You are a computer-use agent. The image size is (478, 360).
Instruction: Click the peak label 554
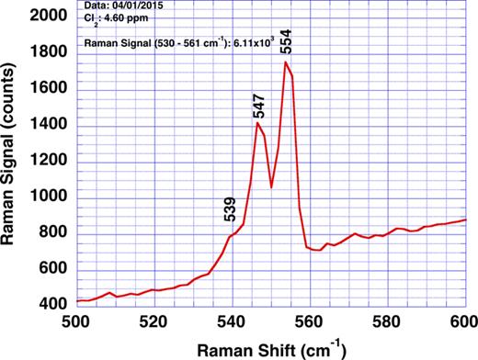285,42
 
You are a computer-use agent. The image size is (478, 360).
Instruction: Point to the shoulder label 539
229,210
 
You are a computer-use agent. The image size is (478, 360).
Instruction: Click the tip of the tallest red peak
286,62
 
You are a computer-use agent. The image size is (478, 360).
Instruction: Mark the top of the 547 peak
258,122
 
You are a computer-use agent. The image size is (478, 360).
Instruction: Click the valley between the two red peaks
271,187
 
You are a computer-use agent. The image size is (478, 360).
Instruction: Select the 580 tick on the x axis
387,321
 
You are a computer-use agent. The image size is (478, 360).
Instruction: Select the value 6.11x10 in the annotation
256,42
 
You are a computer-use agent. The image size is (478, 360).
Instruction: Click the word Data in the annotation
93,7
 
